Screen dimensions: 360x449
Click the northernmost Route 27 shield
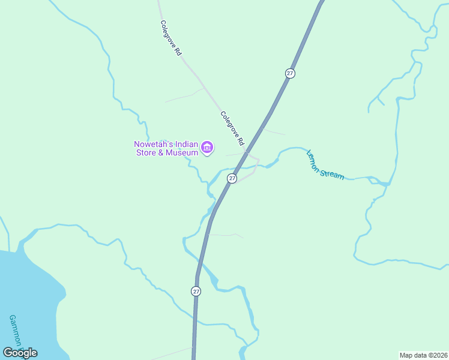[290, 73]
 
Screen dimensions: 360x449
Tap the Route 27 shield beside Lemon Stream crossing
[232, 178]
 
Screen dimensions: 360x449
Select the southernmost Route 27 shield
[196, 291]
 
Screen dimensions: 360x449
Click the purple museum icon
[207, 147]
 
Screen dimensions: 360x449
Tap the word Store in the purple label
[151, 153]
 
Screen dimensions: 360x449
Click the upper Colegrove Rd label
[170, 38]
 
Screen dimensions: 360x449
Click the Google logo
[20, 353]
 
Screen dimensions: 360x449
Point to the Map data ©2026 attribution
[423, 355]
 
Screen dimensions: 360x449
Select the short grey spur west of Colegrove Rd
[184, 95]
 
